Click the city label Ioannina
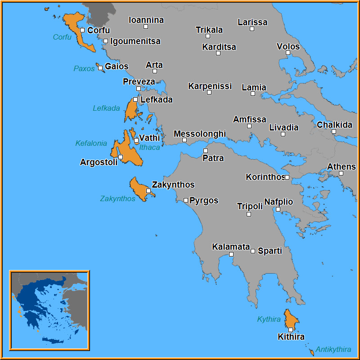click(x=146, y=20)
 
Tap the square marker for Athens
click(x=341, y=173)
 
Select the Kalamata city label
click(x=231, y=247)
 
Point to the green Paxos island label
click(x=84, y=68)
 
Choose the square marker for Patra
click(x=206, y=151)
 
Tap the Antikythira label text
click(x=333, y=349)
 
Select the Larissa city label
click(x=252, y=22)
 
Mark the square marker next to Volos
click(x=288, y=53)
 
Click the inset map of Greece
click(x=49, y=310)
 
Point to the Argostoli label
click(x=99, y=162)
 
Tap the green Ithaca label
click(x=149, y=147)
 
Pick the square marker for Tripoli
click(x=249, y=214)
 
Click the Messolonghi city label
click(x=199, y=134)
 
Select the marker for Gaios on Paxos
click(x=100, y=68)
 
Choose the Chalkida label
click(x=334, y=125)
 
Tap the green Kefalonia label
click(x=91, y=144)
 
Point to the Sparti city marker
click(x=253, y=251)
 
